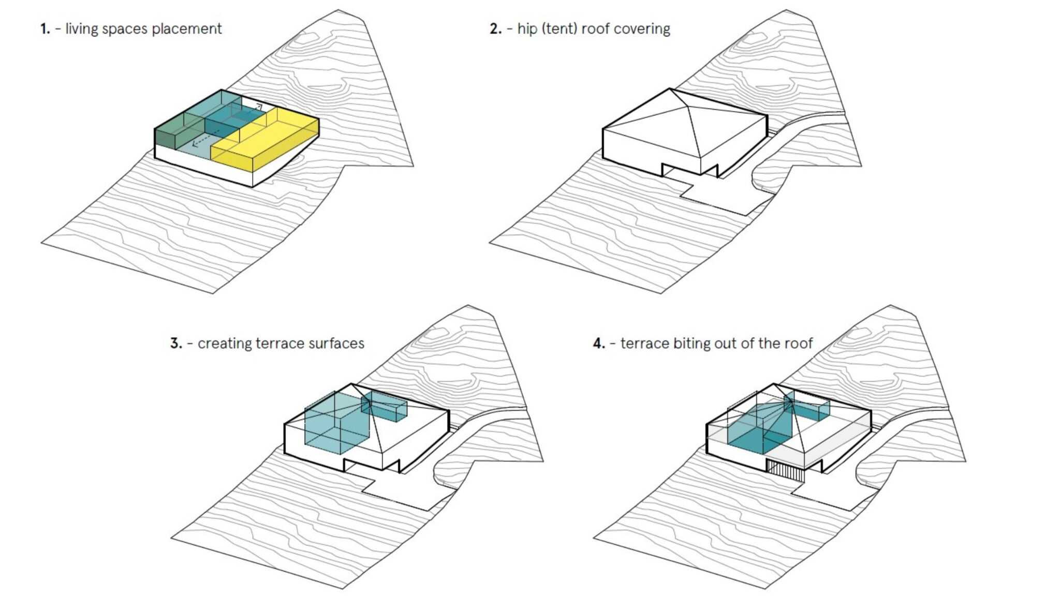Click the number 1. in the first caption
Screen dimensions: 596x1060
tap(45, 29)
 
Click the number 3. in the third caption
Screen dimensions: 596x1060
tap(176, 344)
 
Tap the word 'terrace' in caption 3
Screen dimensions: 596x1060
tap(279, 344)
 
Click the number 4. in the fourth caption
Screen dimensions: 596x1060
tap(599, 344)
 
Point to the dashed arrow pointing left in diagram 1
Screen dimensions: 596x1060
tap(204, 140)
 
